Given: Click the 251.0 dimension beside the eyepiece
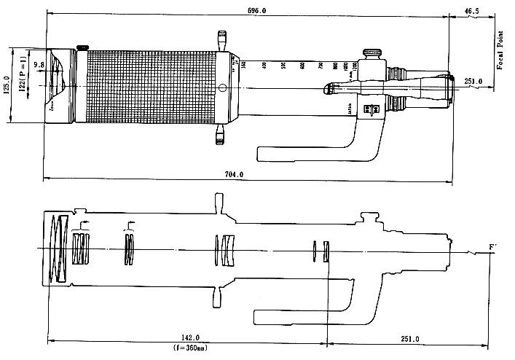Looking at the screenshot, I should pos(473,81).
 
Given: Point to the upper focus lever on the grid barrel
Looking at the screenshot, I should pos(221,39).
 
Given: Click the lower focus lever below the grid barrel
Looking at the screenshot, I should pos(221,135).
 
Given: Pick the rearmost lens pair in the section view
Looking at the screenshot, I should pos(321,251).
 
